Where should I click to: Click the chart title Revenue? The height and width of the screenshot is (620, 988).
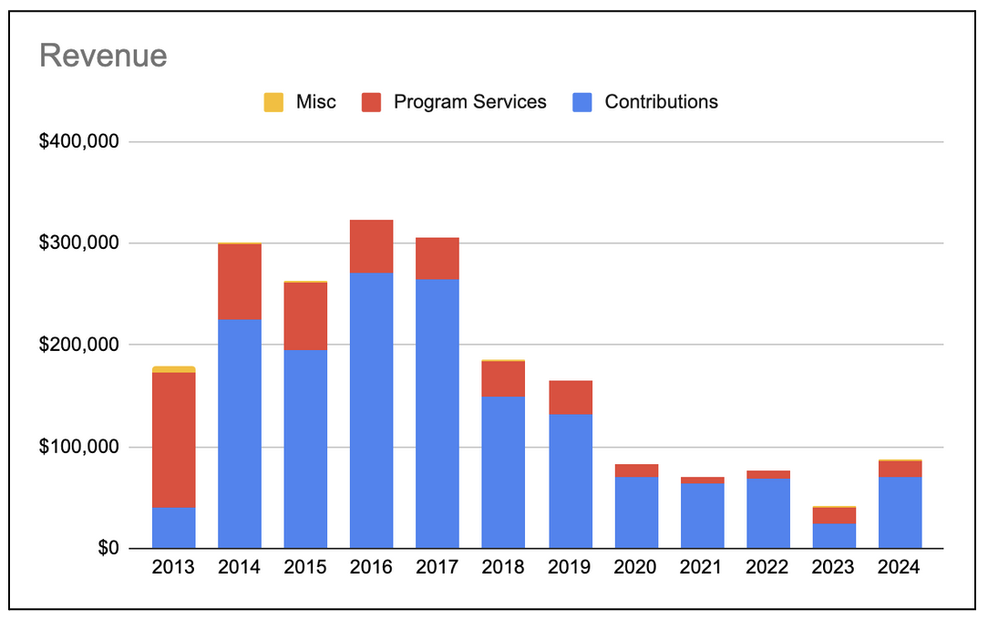[x=103, y=56]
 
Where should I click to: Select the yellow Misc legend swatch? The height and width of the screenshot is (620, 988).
[x=273, y=102]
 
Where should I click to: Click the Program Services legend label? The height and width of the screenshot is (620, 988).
[x=469, y=102]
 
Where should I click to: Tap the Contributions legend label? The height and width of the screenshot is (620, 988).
[x=661, y=102]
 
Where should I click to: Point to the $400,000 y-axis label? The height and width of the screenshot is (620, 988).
[x=79, y=142]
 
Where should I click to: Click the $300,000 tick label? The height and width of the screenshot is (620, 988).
[x=79, y=243]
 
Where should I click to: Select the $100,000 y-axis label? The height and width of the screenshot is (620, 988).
[x=79, y=447]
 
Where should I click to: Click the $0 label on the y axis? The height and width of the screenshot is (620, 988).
[x=108, y=548]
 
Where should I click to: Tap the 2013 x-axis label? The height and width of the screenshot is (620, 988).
[x=173, y=567]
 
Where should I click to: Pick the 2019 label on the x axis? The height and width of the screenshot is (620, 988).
[x=570, y=567]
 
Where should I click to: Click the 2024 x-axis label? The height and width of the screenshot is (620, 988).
[x=900, y=567]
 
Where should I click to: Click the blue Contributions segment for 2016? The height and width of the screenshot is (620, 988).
[x=372, y=410]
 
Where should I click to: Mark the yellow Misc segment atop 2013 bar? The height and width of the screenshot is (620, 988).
[x=174, y=369]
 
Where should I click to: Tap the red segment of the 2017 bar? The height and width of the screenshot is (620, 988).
[x=437, y=258]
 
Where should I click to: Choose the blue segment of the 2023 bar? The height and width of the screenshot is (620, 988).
[x=834, y=535]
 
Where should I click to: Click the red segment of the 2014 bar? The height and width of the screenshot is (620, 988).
[x=240, y=282]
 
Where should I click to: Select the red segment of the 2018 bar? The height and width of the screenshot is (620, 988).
[x=503, y=379]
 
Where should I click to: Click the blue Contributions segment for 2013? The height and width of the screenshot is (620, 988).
[x=174, y=528]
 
